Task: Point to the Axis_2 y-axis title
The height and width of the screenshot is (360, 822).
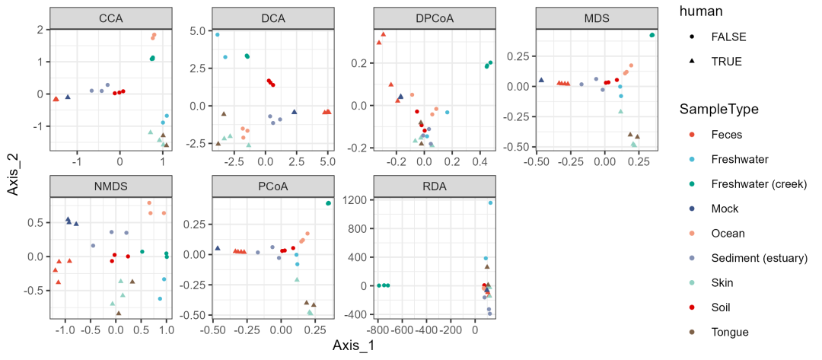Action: pos(14,172)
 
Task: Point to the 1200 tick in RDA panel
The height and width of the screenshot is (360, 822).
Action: pos(357,199)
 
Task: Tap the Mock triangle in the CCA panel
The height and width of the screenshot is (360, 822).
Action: pos(68,97)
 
